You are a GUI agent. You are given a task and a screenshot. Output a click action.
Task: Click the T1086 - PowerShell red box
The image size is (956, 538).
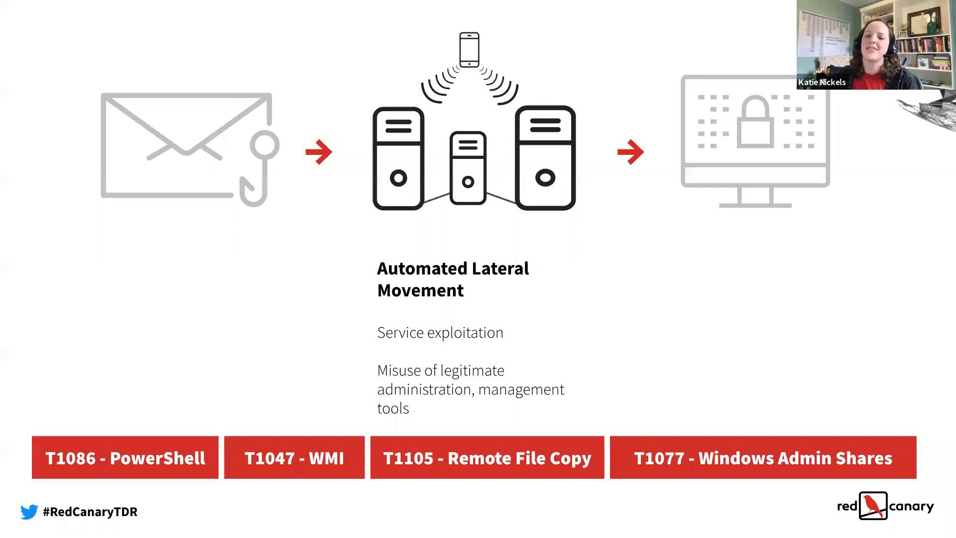(x=125, y=457)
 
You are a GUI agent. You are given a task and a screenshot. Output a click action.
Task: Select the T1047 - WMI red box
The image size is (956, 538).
(x=294, y=457)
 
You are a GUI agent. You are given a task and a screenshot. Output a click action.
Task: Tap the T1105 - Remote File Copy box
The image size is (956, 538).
(x=487, y=457)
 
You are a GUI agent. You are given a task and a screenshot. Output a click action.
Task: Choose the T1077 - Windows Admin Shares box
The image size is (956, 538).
(x=763, y=457)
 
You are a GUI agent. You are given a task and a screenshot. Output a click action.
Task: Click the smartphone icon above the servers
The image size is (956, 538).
(x=469, y=49)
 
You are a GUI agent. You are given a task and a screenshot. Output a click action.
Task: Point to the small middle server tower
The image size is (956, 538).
(x=468, y=168)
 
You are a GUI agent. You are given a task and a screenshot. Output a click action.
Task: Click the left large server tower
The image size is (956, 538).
(x=398, y=158)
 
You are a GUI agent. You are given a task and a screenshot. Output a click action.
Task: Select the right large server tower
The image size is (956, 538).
(x=545, y=158)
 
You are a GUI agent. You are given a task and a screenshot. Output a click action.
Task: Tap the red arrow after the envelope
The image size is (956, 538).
(x=319, y=152)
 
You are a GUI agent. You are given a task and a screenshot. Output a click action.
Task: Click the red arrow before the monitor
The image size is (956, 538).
(x=631, y=152)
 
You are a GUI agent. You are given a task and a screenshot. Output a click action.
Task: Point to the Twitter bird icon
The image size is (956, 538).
(x=29, y=512)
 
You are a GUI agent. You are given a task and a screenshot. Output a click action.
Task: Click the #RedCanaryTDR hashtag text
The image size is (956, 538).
(x=90, y=512)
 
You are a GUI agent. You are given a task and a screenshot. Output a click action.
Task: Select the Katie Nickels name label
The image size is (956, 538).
(x=822, y=82)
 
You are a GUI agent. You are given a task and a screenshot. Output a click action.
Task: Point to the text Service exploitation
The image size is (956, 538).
(x=440, y=332)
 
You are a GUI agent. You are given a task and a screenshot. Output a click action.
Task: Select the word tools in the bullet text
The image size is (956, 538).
(x=393, y=408)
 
